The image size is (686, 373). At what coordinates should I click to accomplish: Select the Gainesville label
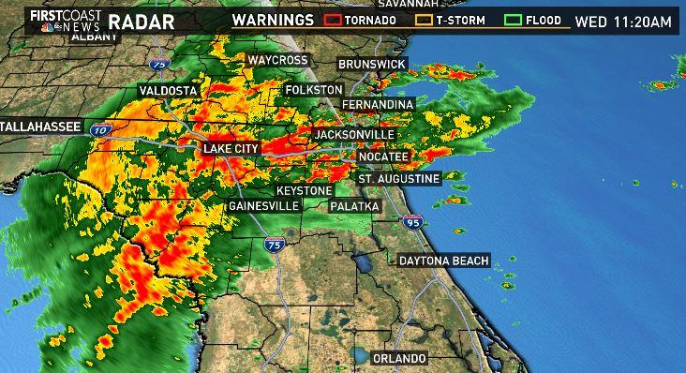(x=263, y=205)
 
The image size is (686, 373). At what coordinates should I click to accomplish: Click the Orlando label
(x=399, y=359)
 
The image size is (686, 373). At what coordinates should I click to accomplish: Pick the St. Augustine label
(x=398, y=178)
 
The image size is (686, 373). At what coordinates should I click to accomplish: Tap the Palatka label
(x=353, y=205)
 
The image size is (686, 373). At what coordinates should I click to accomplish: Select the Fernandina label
(x=377, y=102)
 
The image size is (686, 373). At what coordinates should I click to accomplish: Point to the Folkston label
(x=316, y=89)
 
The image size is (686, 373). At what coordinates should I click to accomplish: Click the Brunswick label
(x=372, y=64)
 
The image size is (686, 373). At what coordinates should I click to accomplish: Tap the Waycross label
(x=277, y=60)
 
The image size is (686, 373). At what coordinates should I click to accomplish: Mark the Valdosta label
(x=166, y=90)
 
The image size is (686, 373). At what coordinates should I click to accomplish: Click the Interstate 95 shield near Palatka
(x=412, y=222)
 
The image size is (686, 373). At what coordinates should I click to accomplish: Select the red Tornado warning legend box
(x=333, y=19)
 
